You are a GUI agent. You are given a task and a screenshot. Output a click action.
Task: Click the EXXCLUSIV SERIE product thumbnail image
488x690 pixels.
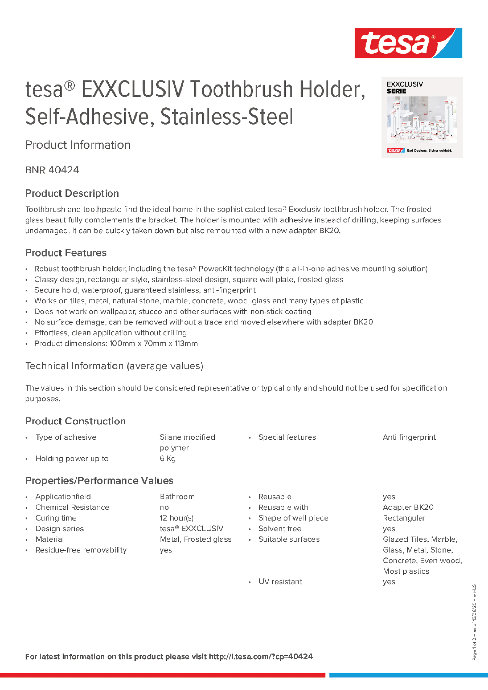[422, 118]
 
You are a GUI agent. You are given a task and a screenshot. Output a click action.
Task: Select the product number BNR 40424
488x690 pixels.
[52, 170]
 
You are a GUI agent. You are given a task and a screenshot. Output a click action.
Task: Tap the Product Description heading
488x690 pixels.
[72, 193]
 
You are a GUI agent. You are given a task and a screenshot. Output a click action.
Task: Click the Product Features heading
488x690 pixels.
[66, 253]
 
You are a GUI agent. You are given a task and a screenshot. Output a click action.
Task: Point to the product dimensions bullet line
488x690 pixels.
[116, 344]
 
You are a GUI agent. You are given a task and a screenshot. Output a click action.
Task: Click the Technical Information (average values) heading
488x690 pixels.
[114, 366]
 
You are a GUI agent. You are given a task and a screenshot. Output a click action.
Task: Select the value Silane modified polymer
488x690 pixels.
[187, 442]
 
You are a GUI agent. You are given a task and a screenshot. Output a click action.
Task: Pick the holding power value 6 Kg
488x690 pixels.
[168, 459]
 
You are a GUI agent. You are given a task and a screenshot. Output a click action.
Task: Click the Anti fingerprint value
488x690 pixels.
[409, 437]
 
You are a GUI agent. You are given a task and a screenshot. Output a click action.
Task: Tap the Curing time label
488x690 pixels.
[56, 518]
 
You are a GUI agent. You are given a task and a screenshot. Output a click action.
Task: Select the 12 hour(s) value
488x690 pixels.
[177, 518]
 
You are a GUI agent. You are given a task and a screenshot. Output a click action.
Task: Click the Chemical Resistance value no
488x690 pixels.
[164, 508]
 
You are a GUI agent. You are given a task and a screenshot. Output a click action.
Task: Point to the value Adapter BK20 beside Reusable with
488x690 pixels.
[408, 508]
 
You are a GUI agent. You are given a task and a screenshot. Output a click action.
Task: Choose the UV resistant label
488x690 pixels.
[280, 582]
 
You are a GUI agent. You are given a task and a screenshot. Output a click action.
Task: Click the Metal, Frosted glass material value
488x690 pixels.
[196, 539]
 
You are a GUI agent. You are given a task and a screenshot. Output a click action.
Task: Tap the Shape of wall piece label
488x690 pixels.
[293, 518]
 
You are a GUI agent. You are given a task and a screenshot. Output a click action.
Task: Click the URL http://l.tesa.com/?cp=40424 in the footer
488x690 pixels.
[260, 657]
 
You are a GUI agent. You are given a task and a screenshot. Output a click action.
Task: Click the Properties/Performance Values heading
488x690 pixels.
[99, 481]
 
